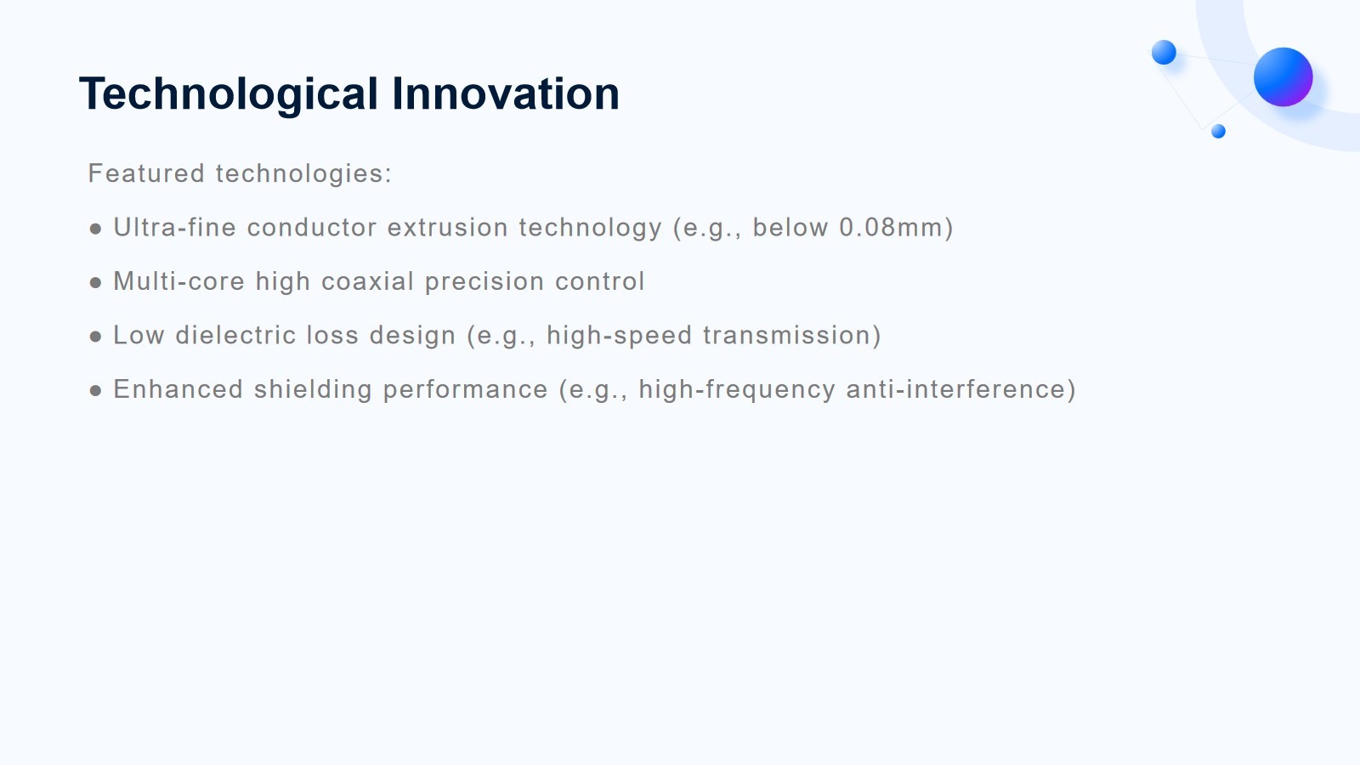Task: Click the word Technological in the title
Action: [x=229, y=94]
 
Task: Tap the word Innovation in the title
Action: [x=506, y=93]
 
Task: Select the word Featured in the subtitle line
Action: [x=146, y=173]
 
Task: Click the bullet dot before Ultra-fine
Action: [x=95, y=229]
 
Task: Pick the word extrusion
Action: [x=448, y=228]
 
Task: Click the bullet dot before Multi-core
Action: [x=95, y=283]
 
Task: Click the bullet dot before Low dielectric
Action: [x=95, y=337]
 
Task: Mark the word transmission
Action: [x=787, y=335]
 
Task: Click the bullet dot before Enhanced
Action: [x=95, y=391]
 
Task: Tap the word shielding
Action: [x=313, y=390]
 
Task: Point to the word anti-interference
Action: [x=956, y=389]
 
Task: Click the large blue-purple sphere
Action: [x=1283, y=77]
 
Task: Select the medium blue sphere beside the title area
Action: [x=1164, y=52]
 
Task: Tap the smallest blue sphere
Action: [x=1218, y=131]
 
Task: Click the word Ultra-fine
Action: [x=175, y=227]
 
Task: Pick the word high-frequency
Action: [x=737, y=390]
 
